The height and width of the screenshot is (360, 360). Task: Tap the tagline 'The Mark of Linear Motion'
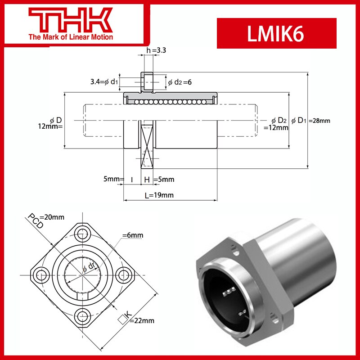tap(71, 37)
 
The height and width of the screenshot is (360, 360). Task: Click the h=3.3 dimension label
tap(156, 51)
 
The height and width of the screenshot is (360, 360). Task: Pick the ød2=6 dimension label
tap(180, 82)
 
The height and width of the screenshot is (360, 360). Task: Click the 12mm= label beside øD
tap(50, 126)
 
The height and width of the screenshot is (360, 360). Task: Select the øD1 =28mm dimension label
tap(310, 121)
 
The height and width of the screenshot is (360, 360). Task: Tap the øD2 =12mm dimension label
tap(275, 124)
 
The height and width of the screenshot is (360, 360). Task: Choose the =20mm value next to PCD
tap(54, 217)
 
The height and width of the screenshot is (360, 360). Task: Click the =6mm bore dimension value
tap(133, 235)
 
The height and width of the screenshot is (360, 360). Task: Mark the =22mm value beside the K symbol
tap(143, 320)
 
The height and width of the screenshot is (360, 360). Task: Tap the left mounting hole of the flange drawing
tap(42, 274)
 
